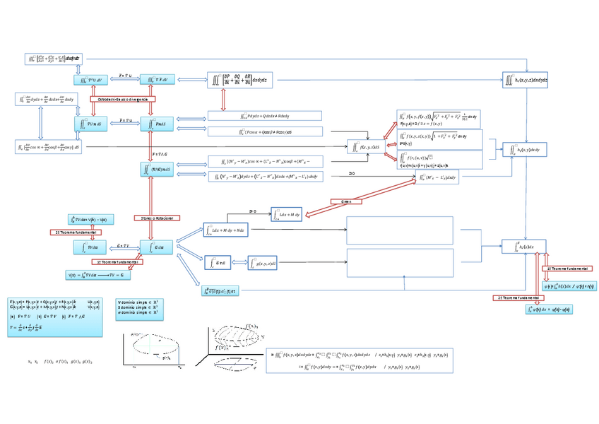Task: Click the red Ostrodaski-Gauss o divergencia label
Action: [123, 100]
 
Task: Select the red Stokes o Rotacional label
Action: [153, 218]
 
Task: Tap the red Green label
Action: [346, 201]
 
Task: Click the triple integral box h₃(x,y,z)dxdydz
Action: [525, 81]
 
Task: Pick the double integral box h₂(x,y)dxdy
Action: [523, 150]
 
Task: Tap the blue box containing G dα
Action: [157, 247]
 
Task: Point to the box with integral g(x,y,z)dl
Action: [266, 263]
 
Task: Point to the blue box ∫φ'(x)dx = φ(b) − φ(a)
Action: [549, 309]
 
